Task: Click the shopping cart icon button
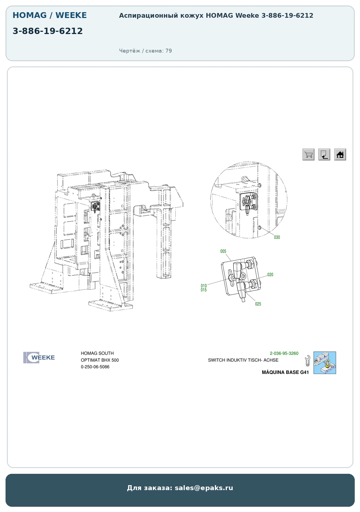point(308,154)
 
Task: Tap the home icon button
point(340,154)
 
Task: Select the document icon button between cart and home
point(324,154)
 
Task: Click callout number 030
point(277,237)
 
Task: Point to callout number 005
point(223,251)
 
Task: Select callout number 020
point(270,275)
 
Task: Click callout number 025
point(258,304)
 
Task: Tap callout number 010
point(204,286)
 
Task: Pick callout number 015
point(204,290)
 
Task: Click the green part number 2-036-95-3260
point(284,353)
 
